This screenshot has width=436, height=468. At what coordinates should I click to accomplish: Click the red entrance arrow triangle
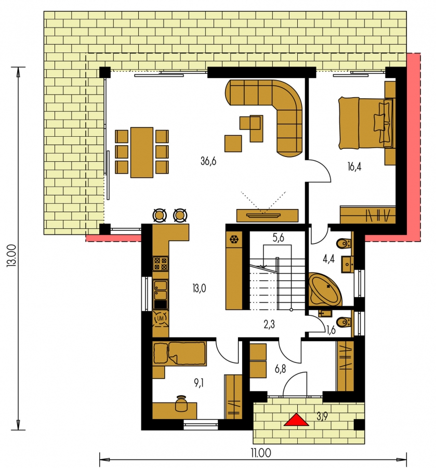click(296, 420)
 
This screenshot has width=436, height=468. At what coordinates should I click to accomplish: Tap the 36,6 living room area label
click(208, 161)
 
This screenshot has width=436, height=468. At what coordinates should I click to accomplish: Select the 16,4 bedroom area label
click(354, 166)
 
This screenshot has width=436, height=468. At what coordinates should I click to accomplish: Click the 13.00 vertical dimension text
click(12, 255)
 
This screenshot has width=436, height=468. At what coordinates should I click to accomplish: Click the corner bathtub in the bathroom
click(325, 289)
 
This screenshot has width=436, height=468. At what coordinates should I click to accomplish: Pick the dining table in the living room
click(142, 152)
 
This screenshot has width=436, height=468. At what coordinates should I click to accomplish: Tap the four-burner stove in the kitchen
click(161, 264)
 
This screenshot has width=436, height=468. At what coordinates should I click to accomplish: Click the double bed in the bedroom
click(366, 123)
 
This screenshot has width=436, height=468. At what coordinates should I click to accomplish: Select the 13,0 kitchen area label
click(199, 289)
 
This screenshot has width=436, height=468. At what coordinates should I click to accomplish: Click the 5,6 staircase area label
click(278, 238)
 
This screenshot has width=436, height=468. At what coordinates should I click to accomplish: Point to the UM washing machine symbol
click(161, 318)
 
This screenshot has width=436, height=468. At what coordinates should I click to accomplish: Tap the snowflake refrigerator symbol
click(234, 239)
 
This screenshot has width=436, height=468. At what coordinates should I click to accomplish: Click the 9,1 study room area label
click(199, 383)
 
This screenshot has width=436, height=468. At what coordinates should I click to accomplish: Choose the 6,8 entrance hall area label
click(280, 369)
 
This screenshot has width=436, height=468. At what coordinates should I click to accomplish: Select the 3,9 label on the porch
click(322, 416)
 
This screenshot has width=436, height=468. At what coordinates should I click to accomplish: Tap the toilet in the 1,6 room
click(343, 322)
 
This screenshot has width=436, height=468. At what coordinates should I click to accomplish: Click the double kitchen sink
click(161, 290)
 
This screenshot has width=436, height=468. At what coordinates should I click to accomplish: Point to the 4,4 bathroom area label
click(328, 259)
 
